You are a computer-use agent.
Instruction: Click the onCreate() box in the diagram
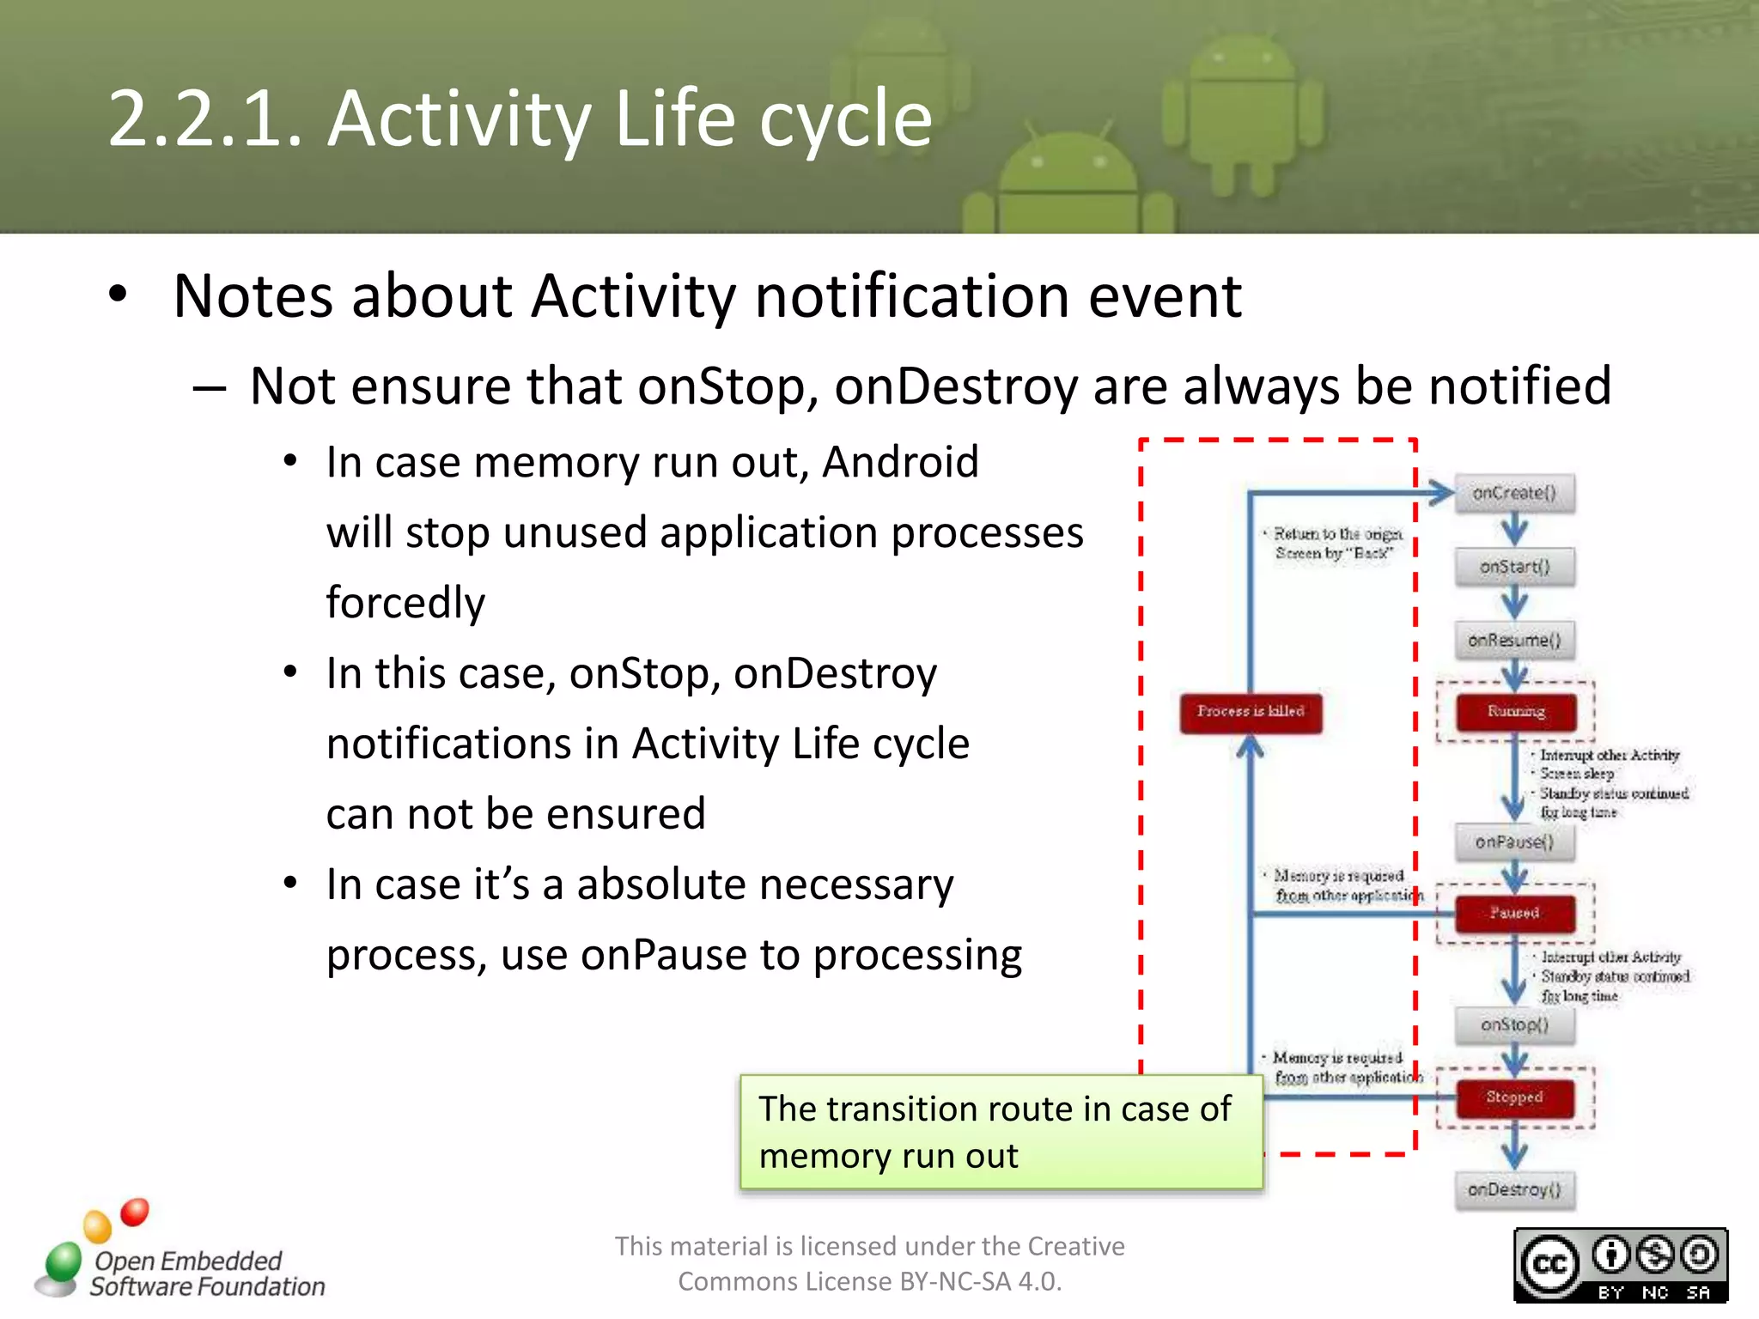(x=1514, y=494)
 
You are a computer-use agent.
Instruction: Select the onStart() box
(x=1514, y=567)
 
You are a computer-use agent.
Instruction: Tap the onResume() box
(x=1514, y=641)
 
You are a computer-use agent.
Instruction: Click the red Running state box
(x=1516, y=712)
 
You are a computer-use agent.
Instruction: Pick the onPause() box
(x=1514, y=842)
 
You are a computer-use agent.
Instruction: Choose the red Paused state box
(x=1515, y=913)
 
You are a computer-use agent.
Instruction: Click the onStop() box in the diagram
(x=1514, y=1025)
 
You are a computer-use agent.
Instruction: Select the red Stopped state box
(x=1515, y=1097)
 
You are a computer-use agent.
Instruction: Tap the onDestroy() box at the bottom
(x=1514, y=1190)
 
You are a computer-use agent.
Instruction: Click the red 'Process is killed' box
(x=1251, y=712)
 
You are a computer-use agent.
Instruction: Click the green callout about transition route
(x=1001, y=1132)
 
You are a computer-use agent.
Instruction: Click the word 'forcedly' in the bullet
(x=405, y=603)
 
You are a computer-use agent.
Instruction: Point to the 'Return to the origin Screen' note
(x=1336, y=544)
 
